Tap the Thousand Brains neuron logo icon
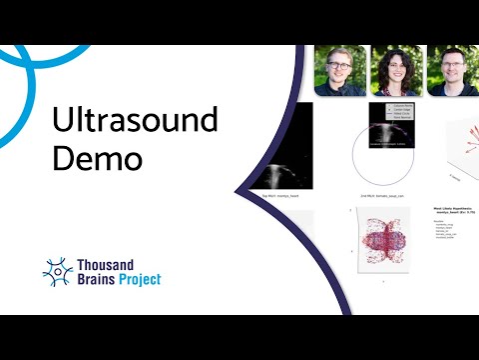coord(58,270)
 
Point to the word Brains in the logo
coord(100,280)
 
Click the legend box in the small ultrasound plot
coord(391,111)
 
